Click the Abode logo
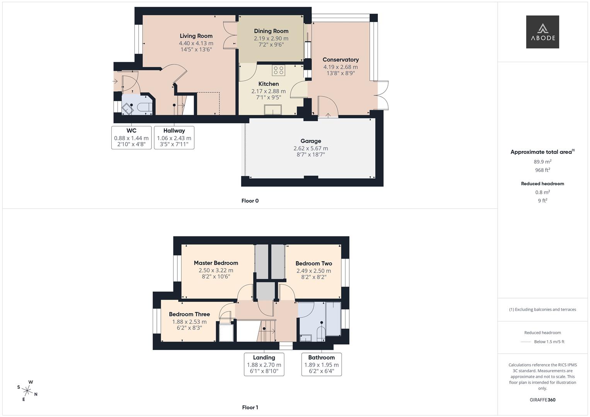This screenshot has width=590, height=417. (x=542, y=32)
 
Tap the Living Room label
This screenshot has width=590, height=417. (x=196, y=36)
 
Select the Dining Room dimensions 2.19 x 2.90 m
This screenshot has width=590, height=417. (x=271, y=38)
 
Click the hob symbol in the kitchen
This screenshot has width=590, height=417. (x=279, y=70)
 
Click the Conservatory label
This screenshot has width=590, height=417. (x=340, y=59)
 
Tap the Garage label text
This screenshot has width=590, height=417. (x=311, y=141)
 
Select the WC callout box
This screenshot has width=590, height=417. (x=131, y=137)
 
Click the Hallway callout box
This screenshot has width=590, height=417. (x=174, y=137)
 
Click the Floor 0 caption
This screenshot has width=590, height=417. (x=250, y=201)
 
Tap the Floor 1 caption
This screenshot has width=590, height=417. (x=250, y=407)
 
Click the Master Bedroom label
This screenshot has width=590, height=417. (x=216, y=263)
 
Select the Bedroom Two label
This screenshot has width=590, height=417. (x=314, y=263)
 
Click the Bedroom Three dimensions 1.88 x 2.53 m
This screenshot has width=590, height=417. (x=189, y=322)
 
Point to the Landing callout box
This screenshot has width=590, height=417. (x=264, y=364)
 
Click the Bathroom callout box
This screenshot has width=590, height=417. (x=321, y=364)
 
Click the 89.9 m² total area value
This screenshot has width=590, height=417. (x=542, y=162)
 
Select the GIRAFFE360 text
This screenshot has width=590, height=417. (x=542, y=400)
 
